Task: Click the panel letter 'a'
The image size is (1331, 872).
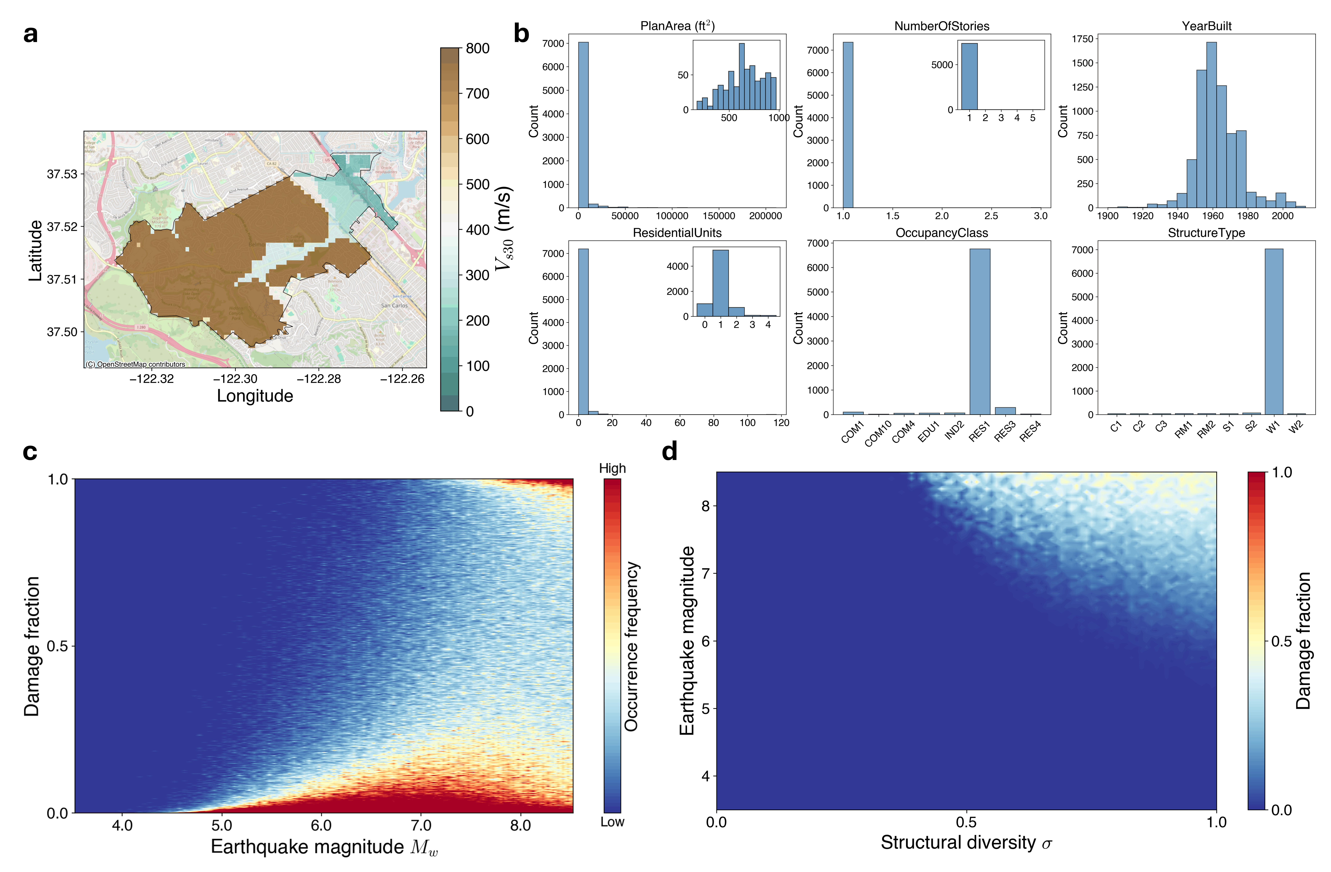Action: point(31,35)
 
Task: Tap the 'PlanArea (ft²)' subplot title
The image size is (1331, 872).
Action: point(677,26)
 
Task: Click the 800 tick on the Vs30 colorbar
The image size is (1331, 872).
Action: point(478,49)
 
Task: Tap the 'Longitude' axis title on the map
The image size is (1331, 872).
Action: point(255,396)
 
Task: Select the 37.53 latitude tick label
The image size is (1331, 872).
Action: point(62,174)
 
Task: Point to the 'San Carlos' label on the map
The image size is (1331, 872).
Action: point(394,306)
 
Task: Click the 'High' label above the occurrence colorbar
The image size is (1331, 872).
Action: point(612,468)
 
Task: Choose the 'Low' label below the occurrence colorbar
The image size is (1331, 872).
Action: point(612,822)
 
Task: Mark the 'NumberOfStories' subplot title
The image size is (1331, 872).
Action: point(942,26)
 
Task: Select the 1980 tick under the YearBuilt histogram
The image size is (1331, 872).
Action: point(1248,216)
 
